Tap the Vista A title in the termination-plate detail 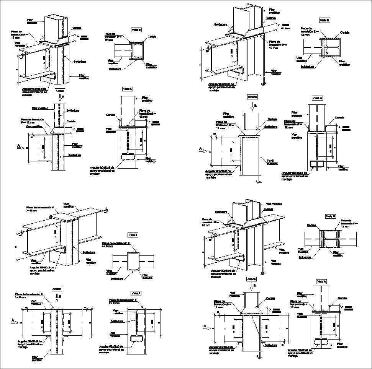(x=136, y=293)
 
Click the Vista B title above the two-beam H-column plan (x=330, y=216)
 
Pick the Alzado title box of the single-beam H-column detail (x=252, y=97)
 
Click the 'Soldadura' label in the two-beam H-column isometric (x=221, y=211)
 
